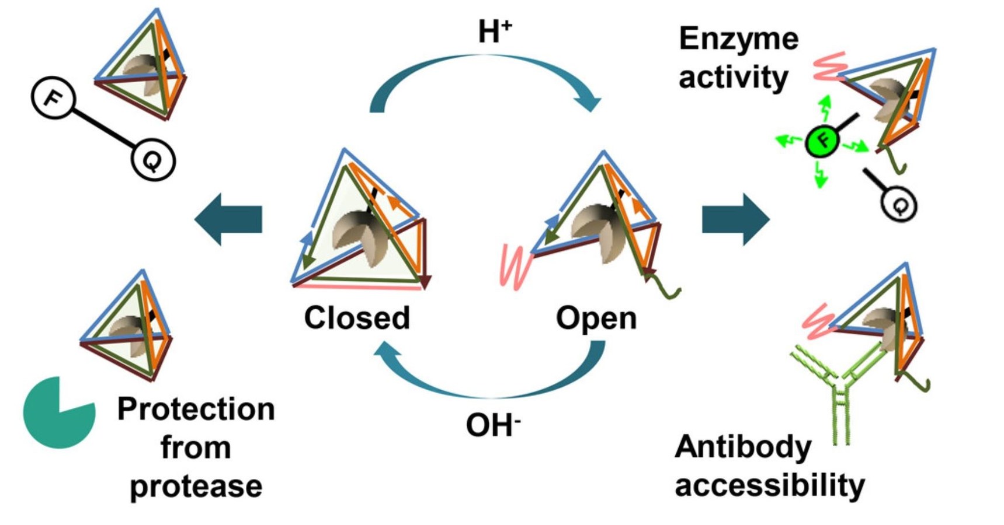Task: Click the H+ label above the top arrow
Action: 494,32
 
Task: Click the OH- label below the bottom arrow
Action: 492,425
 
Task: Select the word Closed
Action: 357,318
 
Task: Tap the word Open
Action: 596,318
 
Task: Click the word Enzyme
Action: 738,40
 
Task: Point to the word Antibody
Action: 742,448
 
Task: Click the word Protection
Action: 196,409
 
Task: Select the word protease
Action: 196,486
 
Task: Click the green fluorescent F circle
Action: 822,141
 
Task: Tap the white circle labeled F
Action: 53,98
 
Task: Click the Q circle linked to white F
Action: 153,160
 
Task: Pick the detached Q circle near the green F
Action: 899,204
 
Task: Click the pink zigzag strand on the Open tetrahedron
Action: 515,266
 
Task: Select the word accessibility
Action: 769,486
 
